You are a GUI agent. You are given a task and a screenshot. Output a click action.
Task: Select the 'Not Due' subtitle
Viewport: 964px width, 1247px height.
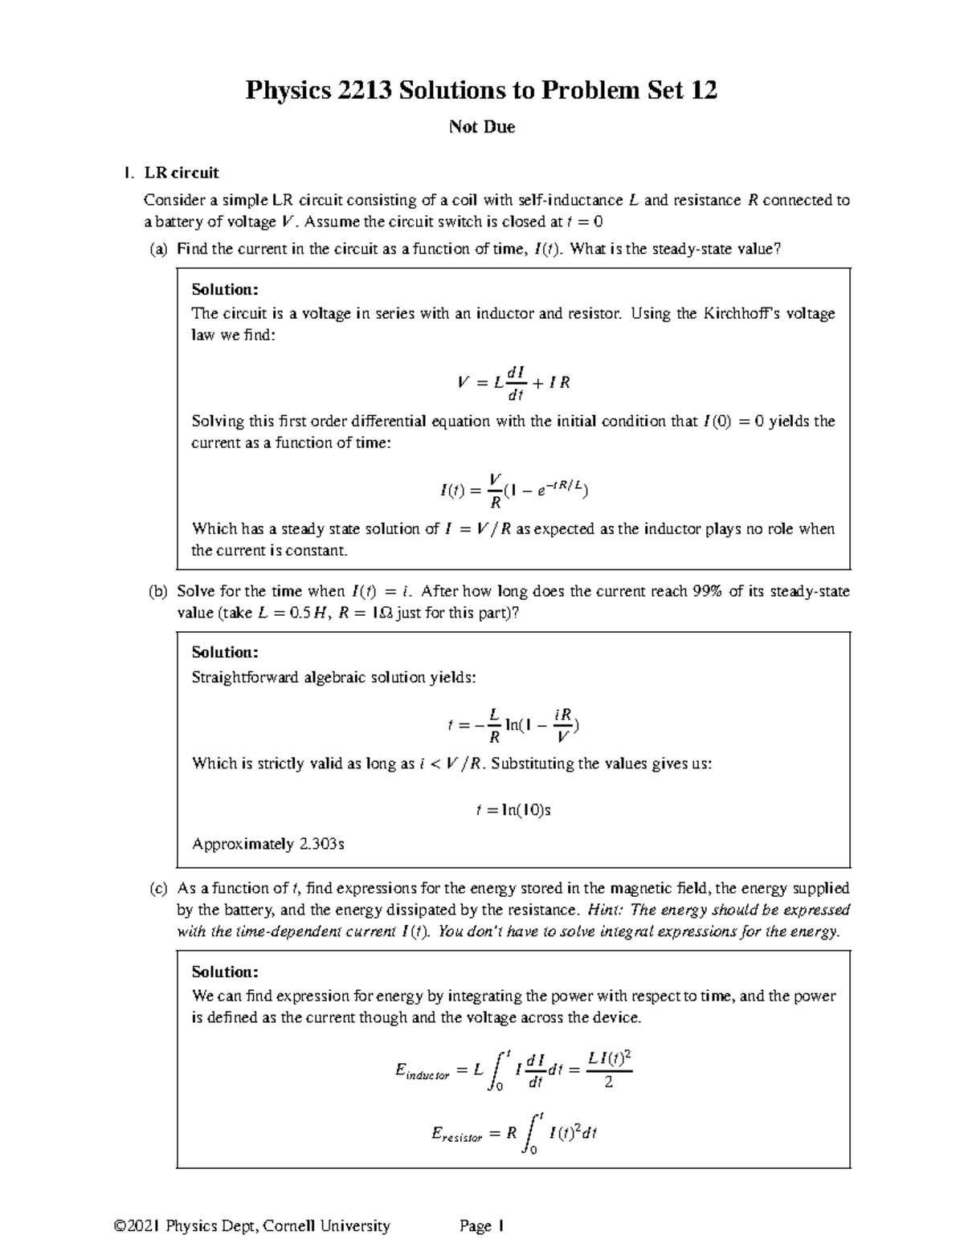point(482,127)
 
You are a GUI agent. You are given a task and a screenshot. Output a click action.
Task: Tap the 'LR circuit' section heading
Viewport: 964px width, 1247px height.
point(181,173)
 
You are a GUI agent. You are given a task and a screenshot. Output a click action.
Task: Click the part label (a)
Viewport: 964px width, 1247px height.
point(158,249)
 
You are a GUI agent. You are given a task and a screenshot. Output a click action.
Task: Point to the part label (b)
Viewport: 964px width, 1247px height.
point(158,592)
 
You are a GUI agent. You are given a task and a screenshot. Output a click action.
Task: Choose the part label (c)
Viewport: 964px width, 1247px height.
point(158,888)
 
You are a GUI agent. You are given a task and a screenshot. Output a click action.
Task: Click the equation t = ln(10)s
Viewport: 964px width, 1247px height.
point(513,810)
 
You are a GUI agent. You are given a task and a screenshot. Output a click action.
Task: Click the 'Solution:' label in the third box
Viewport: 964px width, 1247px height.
point(225,972)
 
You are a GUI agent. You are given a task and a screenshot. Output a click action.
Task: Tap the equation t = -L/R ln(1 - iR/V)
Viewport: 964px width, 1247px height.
point(513,724)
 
